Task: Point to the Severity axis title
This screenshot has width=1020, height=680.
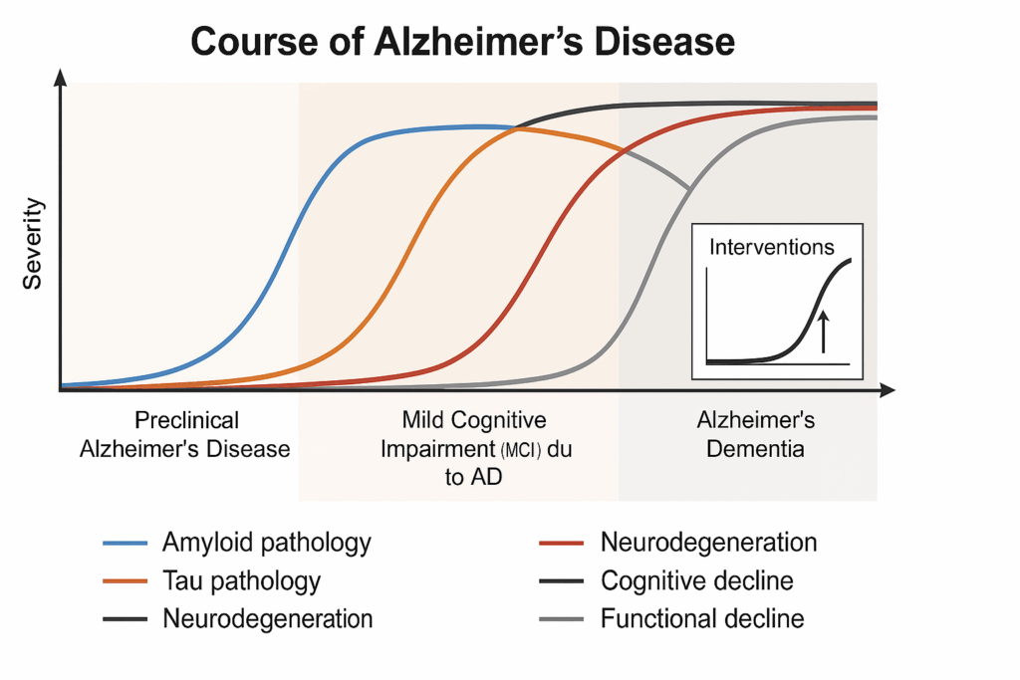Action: [x=32, y=243]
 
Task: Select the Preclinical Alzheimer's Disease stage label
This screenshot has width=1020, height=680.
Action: [x=185, y=434]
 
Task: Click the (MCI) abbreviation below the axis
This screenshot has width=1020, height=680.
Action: [x=520, y=450]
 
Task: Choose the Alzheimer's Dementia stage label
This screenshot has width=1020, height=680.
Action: [x=755, y=434]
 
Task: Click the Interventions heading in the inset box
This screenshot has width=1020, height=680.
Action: [x=772, y=247]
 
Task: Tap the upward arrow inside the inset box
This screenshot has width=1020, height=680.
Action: [x=824, y=332]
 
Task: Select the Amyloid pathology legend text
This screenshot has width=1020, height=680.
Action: [x=267, y=543]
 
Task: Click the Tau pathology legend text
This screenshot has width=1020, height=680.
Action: [x=241, y=580]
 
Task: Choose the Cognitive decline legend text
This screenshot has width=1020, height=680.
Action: [x=696, y=580]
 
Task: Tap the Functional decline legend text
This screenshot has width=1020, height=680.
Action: [x=702, y=618]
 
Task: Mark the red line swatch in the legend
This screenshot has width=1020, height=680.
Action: [x=562, y=543]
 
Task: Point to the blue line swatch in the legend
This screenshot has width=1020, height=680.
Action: [x=125, y=543]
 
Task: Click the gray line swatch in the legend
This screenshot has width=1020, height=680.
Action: [x=562, y=619]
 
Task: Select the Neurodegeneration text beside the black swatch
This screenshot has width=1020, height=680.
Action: [x=267, y=618]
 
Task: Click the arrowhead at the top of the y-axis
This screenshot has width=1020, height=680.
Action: [x=61, y=77]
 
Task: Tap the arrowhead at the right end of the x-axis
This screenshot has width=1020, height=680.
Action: [x=888, y=390]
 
